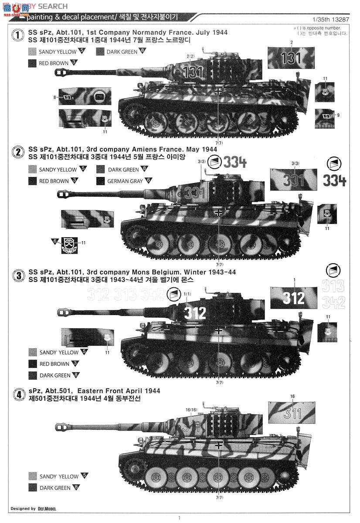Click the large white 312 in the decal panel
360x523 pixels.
click(293, 298)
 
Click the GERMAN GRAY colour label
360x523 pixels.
click(125, 181)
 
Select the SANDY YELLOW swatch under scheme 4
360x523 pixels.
click(33, 476)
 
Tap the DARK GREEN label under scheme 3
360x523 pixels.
click(55, 375)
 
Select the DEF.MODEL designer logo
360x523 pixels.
click(47, 509)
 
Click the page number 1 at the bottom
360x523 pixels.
click(179, 518)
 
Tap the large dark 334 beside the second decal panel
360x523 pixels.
click(335, 180)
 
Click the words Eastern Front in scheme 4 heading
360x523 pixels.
click(92, 391)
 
